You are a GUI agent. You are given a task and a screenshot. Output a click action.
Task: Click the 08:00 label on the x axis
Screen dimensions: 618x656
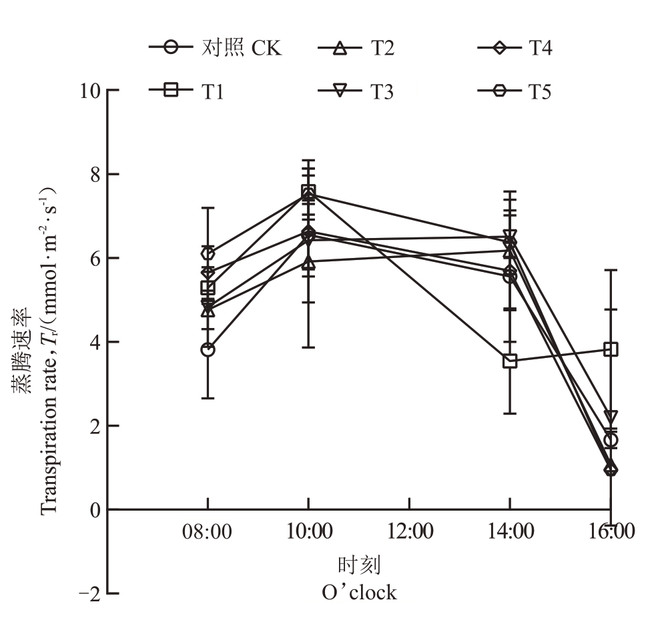[x=208, y=532]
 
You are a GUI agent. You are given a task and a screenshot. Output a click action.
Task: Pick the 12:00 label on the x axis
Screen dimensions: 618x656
[x=409, y=532]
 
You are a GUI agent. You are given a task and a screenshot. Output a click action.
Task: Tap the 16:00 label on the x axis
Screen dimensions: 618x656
[x=611, y=532]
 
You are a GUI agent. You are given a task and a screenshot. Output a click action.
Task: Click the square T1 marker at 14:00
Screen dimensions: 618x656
[x=511, y=361]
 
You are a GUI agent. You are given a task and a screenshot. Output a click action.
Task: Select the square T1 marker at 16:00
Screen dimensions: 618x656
[x=611, y=349]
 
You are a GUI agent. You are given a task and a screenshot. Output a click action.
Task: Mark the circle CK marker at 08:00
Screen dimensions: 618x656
[x=208, y=349]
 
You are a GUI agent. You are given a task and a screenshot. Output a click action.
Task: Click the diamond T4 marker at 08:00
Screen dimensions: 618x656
[x=208, y=253]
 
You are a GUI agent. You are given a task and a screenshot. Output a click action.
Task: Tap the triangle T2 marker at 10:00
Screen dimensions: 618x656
[x=308, y=263]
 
